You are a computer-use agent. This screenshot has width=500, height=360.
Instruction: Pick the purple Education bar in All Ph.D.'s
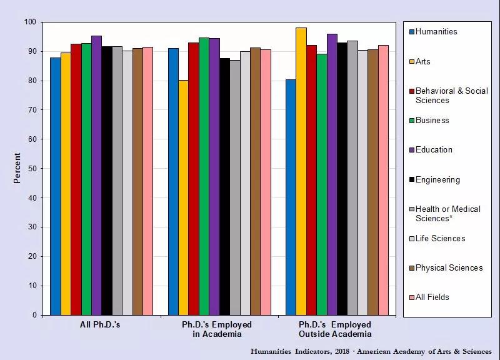[x=96, y=175]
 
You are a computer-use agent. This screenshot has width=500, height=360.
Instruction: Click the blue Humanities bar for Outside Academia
[x=291, y=197]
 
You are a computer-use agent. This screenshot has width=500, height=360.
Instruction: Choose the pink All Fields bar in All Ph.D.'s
[x=148, y=181]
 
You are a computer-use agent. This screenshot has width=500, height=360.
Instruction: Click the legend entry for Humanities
[x=436, y=32]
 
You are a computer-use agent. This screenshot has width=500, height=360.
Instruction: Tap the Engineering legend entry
[x=437, y=180]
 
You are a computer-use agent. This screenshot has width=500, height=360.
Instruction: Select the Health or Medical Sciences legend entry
[x=447, y=213]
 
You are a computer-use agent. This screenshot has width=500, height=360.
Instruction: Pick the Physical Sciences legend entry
[x=449, y=268]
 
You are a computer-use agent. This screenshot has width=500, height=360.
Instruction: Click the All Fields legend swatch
[x=412, y=297]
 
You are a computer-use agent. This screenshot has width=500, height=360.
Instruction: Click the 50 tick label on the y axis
[x=31, y=169]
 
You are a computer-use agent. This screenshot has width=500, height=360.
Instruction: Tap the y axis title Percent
[x=17, y=168]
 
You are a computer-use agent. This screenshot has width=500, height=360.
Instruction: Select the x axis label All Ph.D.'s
[x=100, y=325]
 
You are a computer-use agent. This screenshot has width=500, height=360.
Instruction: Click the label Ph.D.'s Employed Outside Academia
[x=335, y=329]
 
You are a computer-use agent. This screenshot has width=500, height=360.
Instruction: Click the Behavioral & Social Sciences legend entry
[x=451, y=95]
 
